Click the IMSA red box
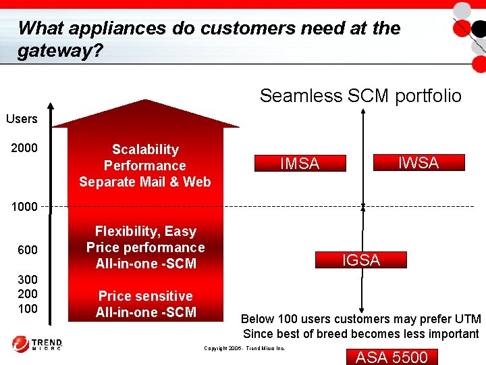[300, 163]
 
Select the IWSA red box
[418, 162]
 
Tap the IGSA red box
[361, 260]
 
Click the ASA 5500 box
[391, 357]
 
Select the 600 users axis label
[28, 250]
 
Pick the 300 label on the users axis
[28, 279]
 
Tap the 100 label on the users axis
[28, 309]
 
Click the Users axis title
[22, 119]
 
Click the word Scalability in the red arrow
[145, 149]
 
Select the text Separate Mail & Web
[145, 182]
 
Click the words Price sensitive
[145, 296]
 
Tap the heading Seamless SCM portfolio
[360, 96]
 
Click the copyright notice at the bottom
[244, 349]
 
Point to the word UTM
[466, 319]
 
